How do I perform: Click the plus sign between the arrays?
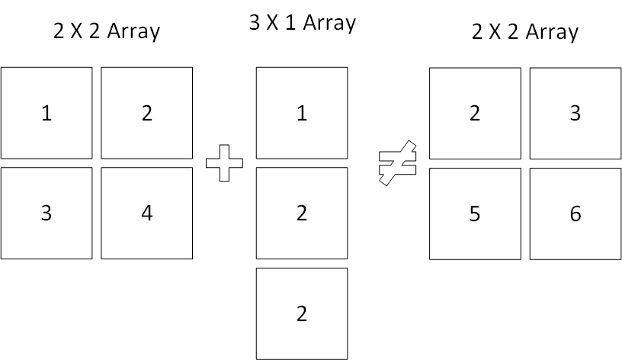(x=224, y=163)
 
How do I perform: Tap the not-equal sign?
(x=397, y=162)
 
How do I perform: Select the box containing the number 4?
(x=147, y=213)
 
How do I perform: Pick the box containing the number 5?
(x=475, y=214)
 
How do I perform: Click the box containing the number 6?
(x=576, y=214)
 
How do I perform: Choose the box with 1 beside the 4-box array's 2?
(x=46, y=113)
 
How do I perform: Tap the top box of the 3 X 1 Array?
(x=302, y=113)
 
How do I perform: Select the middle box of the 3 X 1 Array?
(x=302, y=213)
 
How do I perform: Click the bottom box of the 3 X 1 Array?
(x=302, y=314)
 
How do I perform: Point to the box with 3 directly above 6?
(x=576, y=114)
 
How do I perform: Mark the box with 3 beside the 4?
(x=46, y=213)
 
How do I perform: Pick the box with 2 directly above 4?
(x=147, y=113)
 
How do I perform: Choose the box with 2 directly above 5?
(x=475, y=114)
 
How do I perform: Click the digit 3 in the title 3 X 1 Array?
(x=255, y=23)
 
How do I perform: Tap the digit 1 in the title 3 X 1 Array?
(x=290, y=23)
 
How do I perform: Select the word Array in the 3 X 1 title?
(x=329, y=24)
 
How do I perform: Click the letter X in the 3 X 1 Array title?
(x=272, y=23)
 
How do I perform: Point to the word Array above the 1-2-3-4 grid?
(x=133, y=32)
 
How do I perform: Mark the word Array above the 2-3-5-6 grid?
(x=552, y=32)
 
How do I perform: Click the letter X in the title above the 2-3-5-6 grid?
(x=495, y=32)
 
